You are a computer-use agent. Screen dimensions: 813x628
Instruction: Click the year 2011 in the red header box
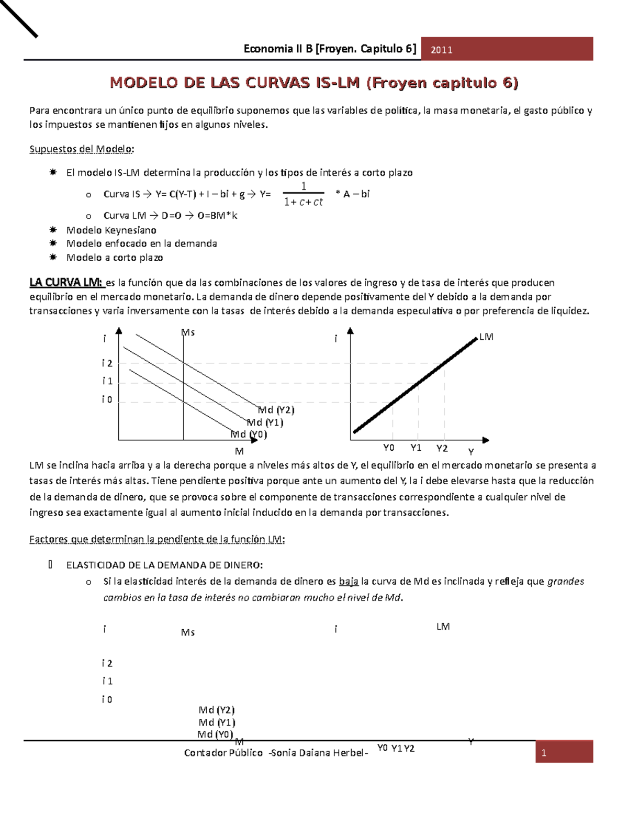click(x=441, y=50)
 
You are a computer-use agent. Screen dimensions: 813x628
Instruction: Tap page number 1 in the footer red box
click(x=544, y=753)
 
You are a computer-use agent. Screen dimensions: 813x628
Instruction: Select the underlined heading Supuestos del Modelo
click(x=81, y=149)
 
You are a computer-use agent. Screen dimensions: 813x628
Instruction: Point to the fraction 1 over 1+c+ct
click(x=303, y=194)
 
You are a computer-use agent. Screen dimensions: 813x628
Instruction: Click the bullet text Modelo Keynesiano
click(x=111, y=230)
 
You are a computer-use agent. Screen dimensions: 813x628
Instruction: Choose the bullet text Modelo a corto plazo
click(x=114, y=258)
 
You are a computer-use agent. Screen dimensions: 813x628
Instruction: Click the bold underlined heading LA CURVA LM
click(x=66, y=283)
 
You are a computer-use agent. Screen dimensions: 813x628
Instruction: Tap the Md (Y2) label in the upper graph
click(x=276, y=410)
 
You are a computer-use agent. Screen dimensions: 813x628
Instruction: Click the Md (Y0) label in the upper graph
click(x=249, y=434)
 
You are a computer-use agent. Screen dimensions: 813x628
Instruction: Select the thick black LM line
click(x=416, y=385)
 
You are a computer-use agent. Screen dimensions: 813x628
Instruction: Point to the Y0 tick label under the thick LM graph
click(x=388, y=448)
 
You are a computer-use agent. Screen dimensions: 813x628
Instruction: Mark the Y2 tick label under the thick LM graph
click(x=442, y=448)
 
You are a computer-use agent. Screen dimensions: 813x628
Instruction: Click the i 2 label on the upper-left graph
click(x=107, y=363)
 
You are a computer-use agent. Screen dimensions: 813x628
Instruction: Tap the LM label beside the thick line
click(x=486, y=337)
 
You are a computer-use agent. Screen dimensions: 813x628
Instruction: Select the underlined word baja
click(x=349, y=581)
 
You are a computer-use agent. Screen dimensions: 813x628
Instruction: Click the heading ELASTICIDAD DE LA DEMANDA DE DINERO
click(x=164, y=565)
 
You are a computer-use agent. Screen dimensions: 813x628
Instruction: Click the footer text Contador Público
click(x=223, y=753)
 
